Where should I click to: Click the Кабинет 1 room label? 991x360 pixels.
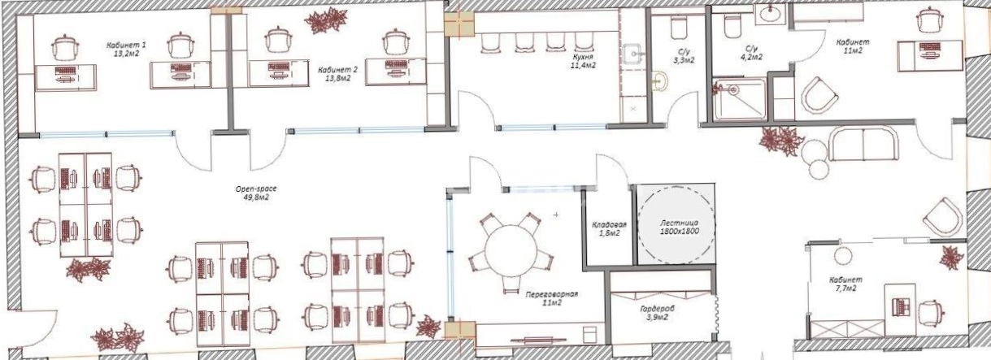point(126,49)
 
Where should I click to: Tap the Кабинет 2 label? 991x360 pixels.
point(337,74)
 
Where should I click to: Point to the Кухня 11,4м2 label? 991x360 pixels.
point(582,61)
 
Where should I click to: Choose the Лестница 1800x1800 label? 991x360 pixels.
point(680,227)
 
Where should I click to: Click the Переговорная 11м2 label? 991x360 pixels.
point(551,298)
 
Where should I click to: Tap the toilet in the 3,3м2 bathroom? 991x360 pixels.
point(678,28)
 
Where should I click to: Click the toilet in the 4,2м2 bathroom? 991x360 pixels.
point(732,27)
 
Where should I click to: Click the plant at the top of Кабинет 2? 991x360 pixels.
point(325,21)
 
